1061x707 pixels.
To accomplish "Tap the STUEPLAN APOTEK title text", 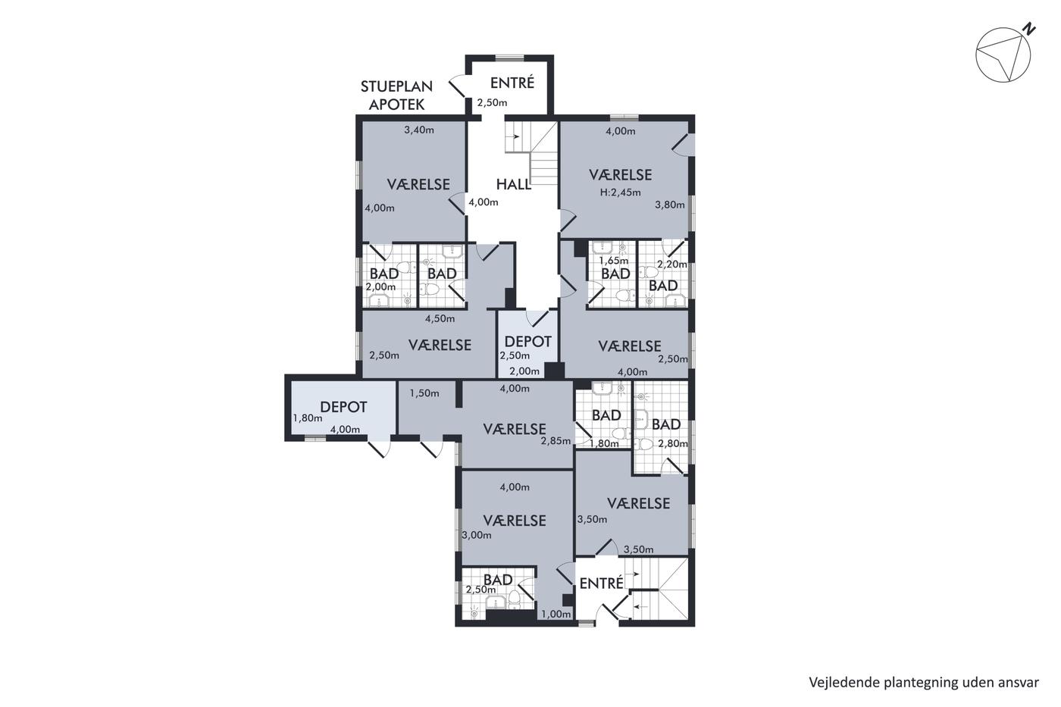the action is click(x=396, y=95).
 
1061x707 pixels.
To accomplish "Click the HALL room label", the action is click(x=513, y=184).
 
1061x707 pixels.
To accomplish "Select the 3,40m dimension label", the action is click(x=418, y=130).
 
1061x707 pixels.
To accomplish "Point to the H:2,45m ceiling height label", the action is click(x=620, y=192).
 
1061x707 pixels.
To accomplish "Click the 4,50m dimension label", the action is click(x=440, y=319).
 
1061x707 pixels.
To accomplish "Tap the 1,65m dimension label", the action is click(x=613, y=261).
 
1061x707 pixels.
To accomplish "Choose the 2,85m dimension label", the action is click(x=556, y=441).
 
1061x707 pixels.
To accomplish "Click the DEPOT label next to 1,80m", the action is click(x=343, y=407).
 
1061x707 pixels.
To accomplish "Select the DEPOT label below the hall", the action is click(x=527, y=342).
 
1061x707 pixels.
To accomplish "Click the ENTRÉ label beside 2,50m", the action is click(x=512, y=83).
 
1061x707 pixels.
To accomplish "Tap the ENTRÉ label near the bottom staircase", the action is click(x=601, y=583).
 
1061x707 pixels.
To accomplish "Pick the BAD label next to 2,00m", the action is click(x=383, y=274).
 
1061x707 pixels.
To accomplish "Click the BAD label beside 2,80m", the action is click(x=666, y=424).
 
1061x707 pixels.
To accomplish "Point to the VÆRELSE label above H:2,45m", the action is click(x=620, y=175).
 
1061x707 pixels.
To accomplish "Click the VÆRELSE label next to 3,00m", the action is click(x=515, y=521).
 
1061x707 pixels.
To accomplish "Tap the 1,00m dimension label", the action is click(x=556, y=615).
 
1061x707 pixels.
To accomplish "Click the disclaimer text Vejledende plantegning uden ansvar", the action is click(x=924, y=683).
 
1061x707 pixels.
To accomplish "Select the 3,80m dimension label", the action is click(x=670, y=205).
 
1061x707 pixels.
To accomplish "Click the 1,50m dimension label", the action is click(x=424, y=393).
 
